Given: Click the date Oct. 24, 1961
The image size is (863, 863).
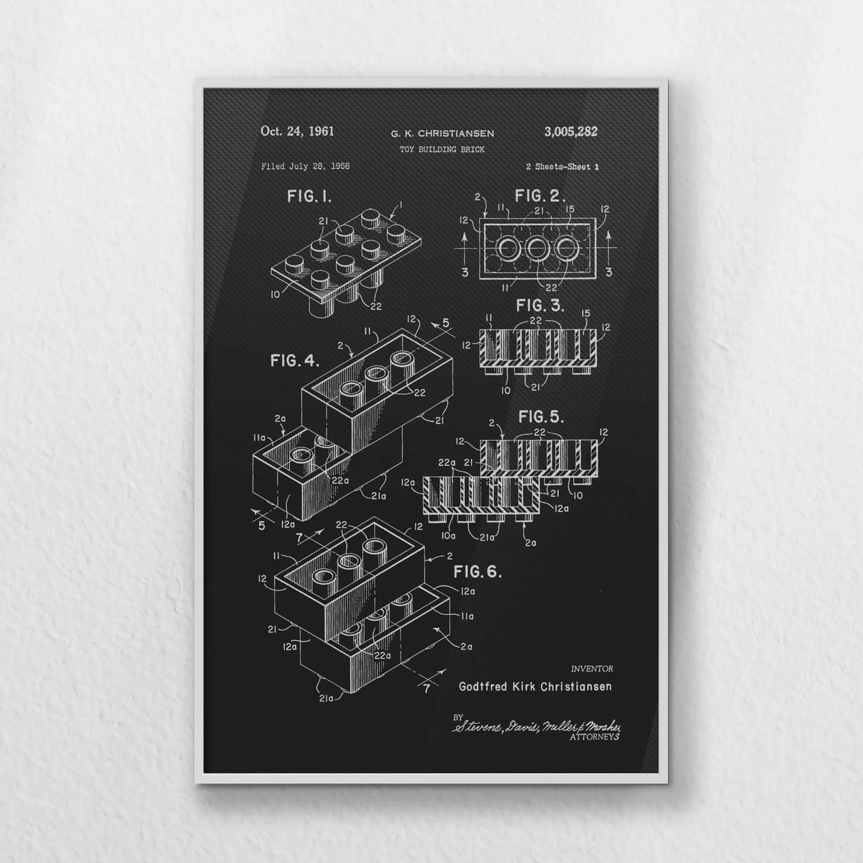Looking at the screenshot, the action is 297,131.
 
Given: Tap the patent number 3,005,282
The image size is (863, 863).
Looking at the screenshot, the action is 571,132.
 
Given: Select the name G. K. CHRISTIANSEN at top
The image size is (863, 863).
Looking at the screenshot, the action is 442,134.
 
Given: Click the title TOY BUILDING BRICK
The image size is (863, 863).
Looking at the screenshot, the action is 442,150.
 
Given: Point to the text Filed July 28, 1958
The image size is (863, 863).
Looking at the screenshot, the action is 306,167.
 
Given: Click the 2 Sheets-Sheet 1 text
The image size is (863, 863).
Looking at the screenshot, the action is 562,167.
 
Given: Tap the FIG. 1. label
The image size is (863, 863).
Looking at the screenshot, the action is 309,196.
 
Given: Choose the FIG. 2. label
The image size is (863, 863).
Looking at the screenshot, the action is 540,196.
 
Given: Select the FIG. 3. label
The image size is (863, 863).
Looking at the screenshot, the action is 540,306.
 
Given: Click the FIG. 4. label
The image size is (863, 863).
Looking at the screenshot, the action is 295,361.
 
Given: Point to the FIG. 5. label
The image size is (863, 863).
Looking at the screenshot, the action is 541,417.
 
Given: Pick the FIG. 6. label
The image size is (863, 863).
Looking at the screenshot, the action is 478,572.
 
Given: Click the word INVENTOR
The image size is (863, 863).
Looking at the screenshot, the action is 592,669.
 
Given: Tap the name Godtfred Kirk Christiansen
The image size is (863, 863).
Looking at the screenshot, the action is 535,686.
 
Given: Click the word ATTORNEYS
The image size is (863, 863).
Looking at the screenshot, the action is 595,736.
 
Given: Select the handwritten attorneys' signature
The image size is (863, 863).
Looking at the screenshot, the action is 536,726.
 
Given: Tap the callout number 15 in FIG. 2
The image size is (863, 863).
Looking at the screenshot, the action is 570,209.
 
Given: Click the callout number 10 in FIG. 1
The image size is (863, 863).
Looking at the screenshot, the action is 275,294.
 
